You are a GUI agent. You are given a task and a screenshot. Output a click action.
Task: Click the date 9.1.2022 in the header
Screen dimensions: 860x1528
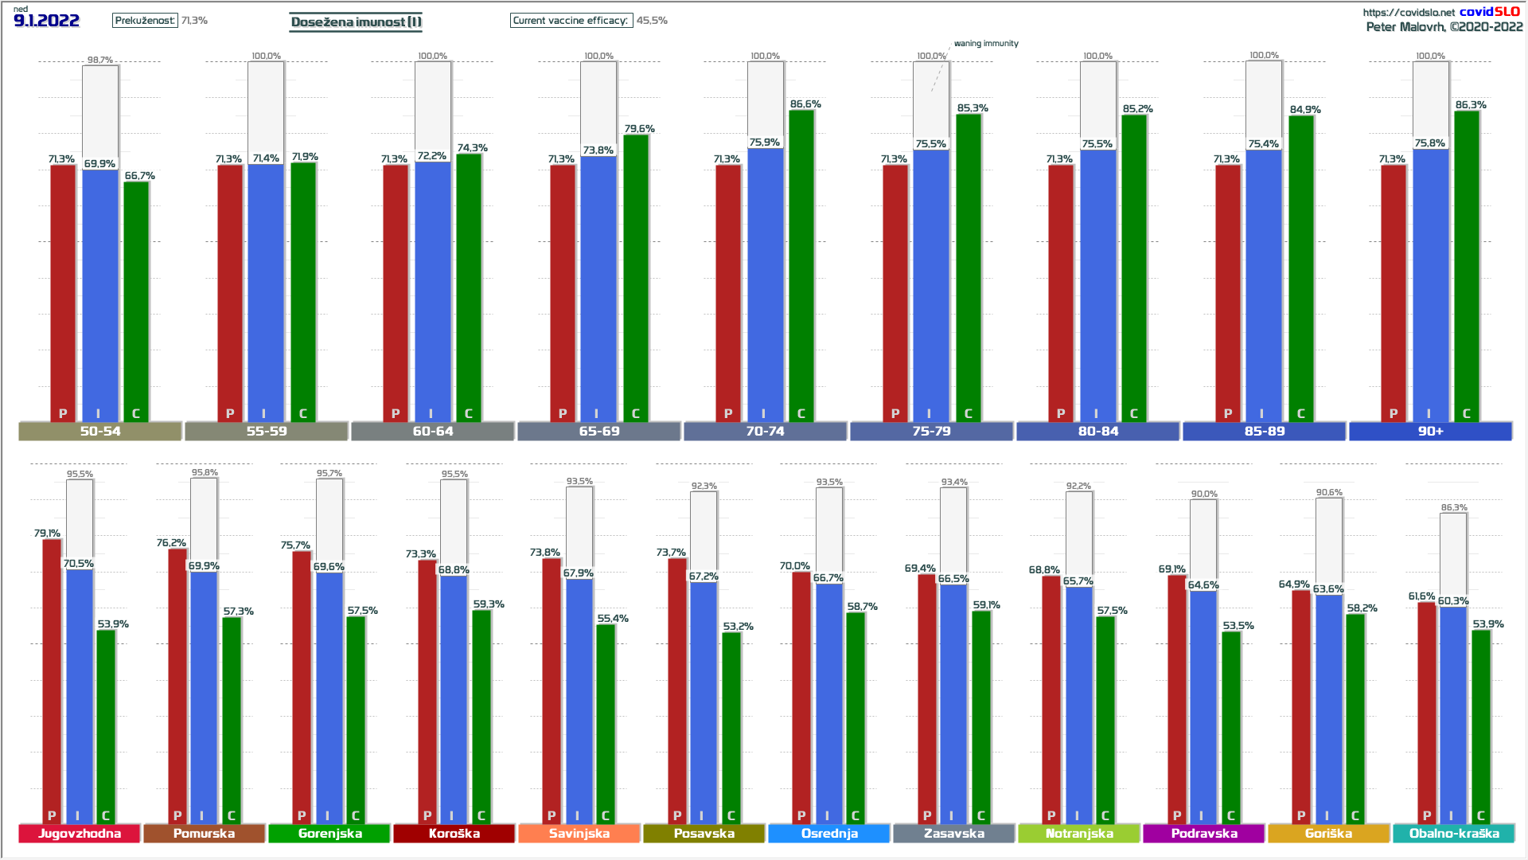(x=46, y=21)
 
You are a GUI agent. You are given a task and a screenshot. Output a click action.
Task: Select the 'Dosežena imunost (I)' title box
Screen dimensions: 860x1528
(x=356, y=21)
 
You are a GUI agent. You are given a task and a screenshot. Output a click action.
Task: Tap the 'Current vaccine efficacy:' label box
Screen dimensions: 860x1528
(x=571, y=21)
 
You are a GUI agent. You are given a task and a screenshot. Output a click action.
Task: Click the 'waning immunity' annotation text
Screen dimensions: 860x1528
(x=986, y=44)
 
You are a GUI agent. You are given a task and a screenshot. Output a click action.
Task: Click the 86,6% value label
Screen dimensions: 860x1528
(x=805, y=104)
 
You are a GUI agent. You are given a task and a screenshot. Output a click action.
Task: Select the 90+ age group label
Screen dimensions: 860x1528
(x=1430, y=432)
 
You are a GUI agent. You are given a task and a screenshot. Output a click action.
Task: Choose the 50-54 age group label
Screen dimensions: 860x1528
(x=100, y=432)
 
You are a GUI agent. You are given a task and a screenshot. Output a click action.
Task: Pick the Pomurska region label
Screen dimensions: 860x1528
(x=204, y=834)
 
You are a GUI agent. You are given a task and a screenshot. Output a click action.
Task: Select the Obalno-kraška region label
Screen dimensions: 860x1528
(x=1454, y=834)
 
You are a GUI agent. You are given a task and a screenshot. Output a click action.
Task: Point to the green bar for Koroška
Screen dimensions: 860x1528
(x=481, y=717)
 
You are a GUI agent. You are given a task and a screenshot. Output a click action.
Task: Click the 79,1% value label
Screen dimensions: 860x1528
(x=47, y=534)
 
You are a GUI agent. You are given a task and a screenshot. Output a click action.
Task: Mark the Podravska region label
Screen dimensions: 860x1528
(x=1204, y=834)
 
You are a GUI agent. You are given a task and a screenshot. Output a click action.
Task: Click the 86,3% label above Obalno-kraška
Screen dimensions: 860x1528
(x=1454, y=508)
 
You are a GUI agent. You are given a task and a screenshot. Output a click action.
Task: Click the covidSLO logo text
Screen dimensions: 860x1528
(x=1489, y=11)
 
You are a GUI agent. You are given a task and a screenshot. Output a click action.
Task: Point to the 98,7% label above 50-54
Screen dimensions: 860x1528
(x=100, y=61)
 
